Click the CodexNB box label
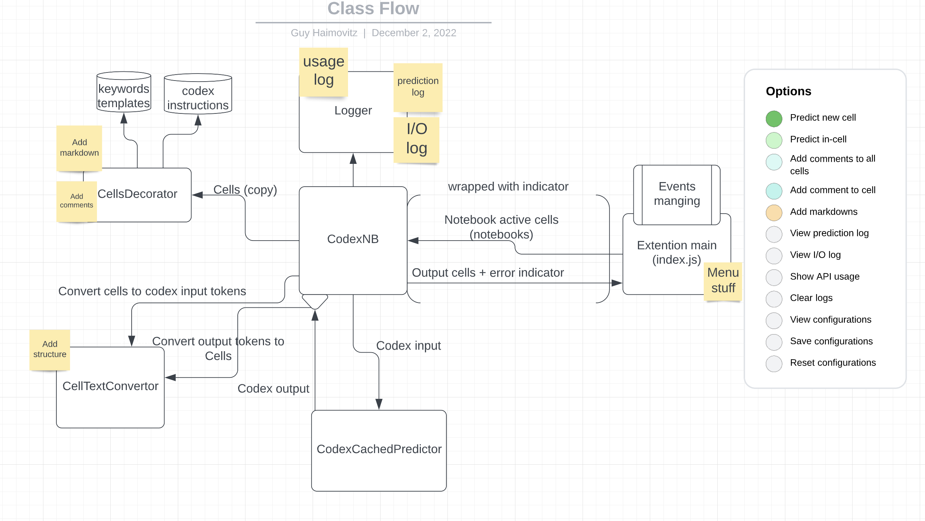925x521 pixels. (353, 239)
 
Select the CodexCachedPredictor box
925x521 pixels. (379, 450)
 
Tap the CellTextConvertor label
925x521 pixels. (110, 386)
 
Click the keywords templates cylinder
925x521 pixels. (124, 96)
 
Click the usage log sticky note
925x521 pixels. (324, 71)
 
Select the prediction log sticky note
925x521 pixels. (418, 86)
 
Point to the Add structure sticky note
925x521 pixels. (50, 349)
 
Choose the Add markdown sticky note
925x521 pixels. (79, 147)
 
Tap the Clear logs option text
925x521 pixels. (811, 298)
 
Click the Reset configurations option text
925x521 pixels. (832, 363)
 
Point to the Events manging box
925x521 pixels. (676, 194)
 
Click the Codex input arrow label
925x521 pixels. (408, 346)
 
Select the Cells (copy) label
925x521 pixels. (245, 189)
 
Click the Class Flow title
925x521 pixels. (373, 9)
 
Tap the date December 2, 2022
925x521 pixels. (414, 33)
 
